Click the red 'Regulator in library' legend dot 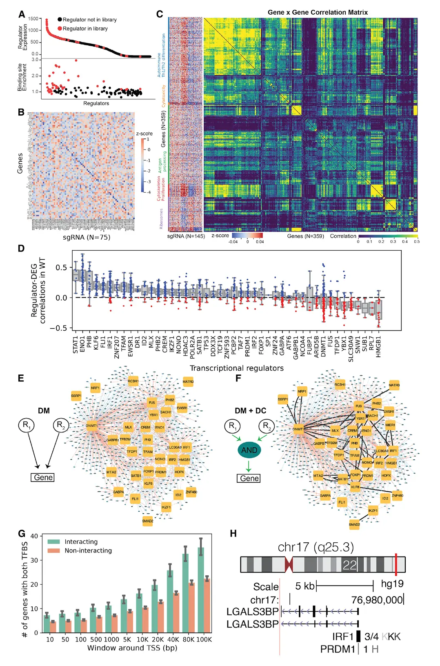pos(60,29)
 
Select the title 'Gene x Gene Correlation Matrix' pos(318,13)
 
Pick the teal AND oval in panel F pos(249,450)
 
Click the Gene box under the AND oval pos(249,478)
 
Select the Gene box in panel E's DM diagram pos(43,477)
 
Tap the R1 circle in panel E pos(26,425)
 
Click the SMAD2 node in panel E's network pos(148,521)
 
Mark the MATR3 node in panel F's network pos(394,385)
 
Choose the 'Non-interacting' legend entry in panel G pos(88,550)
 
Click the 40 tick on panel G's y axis pos(34,536)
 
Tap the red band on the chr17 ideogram pos(396,565)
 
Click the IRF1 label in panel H pos(343,637)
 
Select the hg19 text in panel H pos(392,584)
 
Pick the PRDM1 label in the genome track pos(338,649)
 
